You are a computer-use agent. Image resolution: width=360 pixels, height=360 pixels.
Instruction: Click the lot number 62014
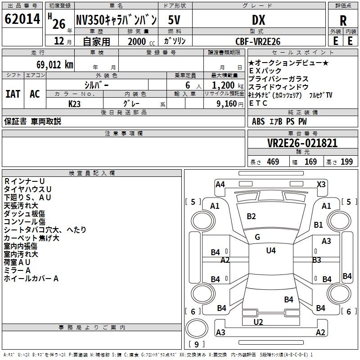coord(22,19)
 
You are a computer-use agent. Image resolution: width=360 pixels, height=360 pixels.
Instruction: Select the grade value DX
coord(258,20)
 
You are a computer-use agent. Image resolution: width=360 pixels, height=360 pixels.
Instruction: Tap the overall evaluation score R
coord(343,21)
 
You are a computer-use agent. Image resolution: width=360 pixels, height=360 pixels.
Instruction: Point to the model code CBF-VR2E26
coord(258,41)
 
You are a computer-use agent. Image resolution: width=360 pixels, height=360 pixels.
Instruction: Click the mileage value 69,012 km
coord(55,65)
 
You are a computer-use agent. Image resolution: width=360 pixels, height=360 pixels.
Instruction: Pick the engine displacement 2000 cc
coord(141,41)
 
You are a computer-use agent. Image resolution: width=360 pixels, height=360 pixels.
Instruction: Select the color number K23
coord(74,104)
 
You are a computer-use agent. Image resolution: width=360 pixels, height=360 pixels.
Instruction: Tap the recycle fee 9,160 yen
coord(230,104)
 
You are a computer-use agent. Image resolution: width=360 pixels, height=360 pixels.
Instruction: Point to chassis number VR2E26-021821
coord(302,143)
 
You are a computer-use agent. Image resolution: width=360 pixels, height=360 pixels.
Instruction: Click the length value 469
coord(273,162)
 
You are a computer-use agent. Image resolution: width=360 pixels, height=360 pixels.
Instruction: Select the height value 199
coord(346,162)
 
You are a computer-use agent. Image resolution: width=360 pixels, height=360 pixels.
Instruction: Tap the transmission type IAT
coord(13,94)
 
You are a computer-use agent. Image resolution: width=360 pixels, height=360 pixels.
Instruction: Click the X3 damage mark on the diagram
coord(321,184)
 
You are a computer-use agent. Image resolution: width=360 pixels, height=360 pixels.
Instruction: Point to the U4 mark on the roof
coord(271,250)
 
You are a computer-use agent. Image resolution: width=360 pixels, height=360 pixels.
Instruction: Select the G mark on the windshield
coord(257,237)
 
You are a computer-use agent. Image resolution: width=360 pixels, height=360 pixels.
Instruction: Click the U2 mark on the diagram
coord(258,322)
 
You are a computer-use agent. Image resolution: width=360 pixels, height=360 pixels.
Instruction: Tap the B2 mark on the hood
coord(251,216)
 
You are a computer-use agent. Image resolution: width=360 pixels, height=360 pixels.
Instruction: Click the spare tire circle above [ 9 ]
coord(197,328)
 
